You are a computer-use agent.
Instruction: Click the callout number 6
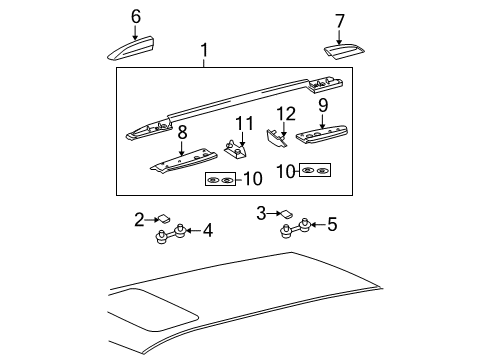pos(136,16)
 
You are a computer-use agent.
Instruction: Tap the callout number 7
pos(339,21)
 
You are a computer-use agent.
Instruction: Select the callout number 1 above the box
pos(204,50)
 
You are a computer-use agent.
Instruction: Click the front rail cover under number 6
pos(131,48)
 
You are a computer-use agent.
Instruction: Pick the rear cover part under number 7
pos(344,52)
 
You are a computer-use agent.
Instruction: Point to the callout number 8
pos(182,133)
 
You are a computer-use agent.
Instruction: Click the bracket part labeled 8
pos(183,161)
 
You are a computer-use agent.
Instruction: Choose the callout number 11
pos(244,123)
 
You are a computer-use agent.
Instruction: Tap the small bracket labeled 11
pos(235,150)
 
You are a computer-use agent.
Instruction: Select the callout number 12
pos(286,114)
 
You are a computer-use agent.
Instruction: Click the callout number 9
pos(323,105)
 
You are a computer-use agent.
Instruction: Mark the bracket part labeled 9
pos(322,134)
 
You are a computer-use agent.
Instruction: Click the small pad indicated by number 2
pos(164,218)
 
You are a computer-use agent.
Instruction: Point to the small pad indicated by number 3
pos(287,214)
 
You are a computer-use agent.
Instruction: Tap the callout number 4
pos(208,230)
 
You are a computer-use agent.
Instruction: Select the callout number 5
pos(332,224)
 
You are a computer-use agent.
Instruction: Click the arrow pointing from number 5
pos(318,224)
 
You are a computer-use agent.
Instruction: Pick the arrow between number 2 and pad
pos(152,219)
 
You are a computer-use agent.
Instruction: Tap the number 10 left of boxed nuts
pos(286,172)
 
